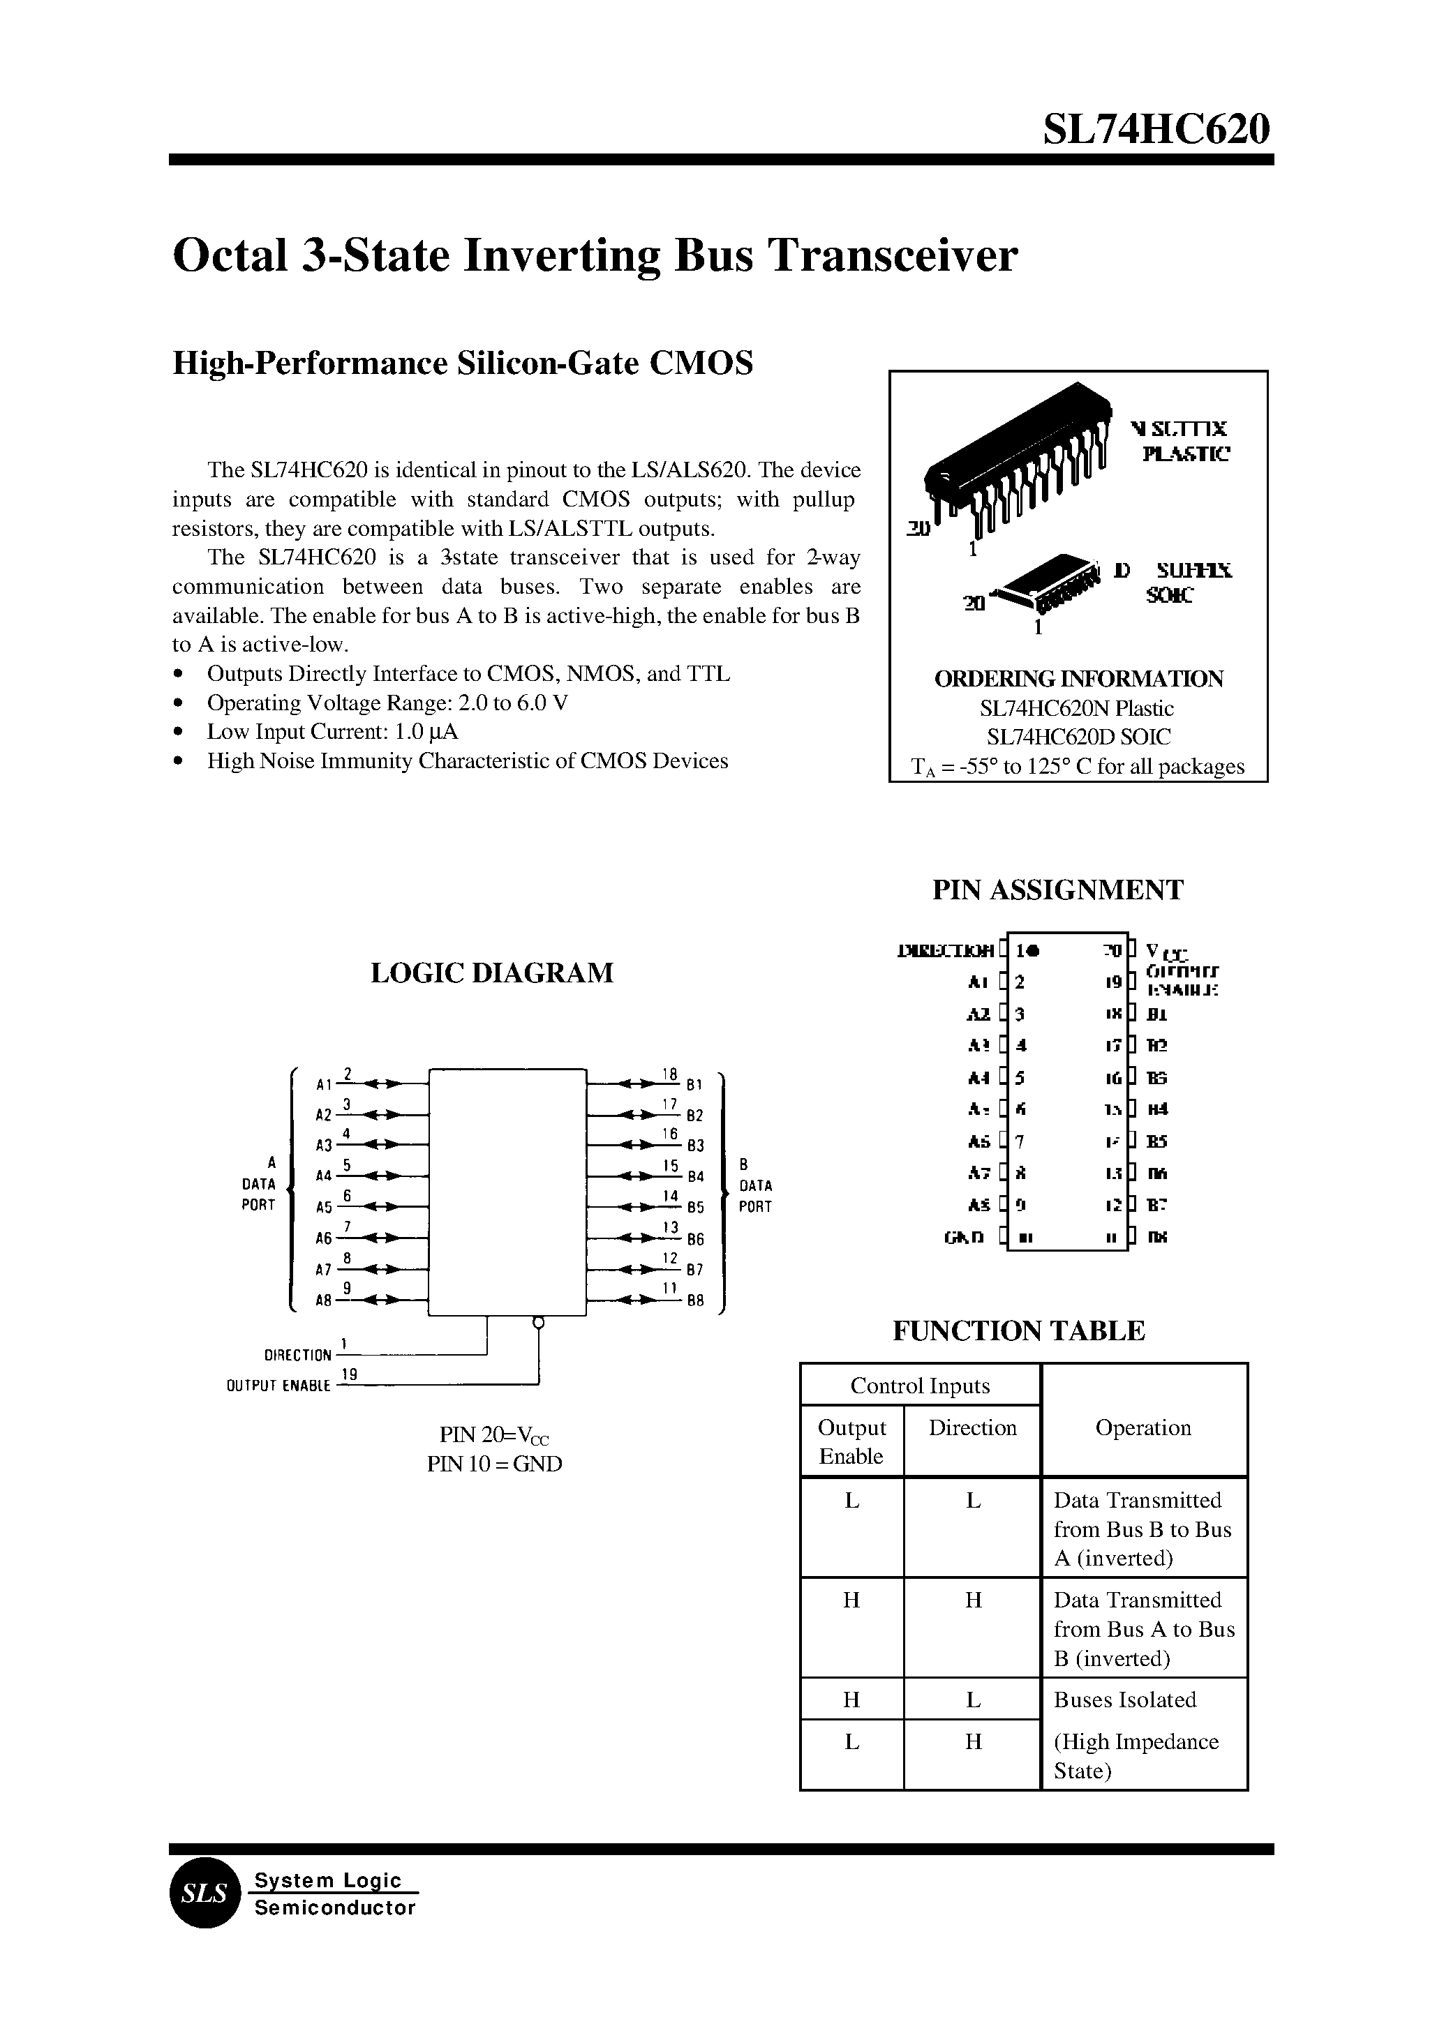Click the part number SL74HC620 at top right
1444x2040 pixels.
pyautogui.click(x=1156, y=130)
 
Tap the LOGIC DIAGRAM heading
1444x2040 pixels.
pyautogui.click(x=492, y=973)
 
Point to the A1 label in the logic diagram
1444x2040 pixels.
pyautogui.click(x=324, y=1084)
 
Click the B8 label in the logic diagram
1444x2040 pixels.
pyautogui.click(x=694, y=1300)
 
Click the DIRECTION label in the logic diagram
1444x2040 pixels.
pyautogui.click(x=297, y=1356)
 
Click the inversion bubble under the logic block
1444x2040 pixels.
pyautogui.click(x=537, y=1323)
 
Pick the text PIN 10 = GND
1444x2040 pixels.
pyautogui.click(x=494, y=1464)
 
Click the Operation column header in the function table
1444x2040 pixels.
pyautogui.click(x=1142, y=1428)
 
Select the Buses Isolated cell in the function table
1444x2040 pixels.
pyautogui.click(x=1125, y=1700)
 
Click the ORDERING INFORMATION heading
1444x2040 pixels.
pyautogui.click(x=1078, y=679)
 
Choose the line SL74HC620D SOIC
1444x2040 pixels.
pyautogui.click(x=1078, y=737)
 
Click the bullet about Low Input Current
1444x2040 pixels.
pyautogui.click(x=332, y=732)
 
